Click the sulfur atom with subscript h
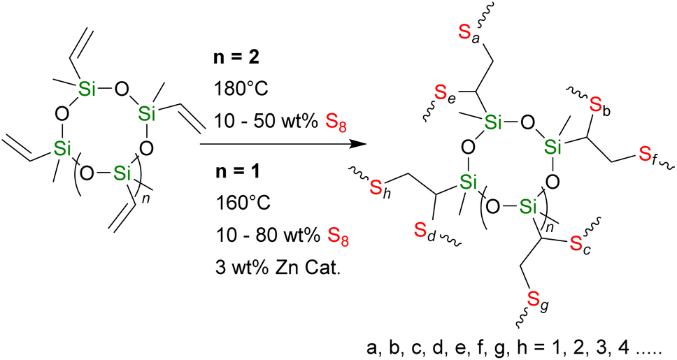pyautogui.click(x=378, y=187)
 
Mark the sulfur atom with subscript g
pyautogui.click(x=534, y=301)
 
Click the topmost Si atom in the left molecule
pyautogui.click(x=87, y=88)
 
